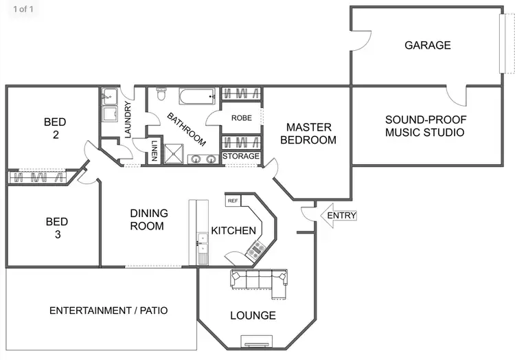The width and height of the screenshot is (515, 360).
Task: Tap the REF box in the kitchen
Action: [x=233, y=201]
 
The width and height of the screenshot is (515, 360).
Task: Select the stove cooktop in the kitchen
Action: [x=257, y=249]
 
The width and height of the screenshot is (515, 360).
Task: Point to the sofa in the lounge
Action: [x=259, y=280]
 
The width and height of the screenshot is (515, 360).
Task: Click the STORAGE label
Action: [x=241, y=157]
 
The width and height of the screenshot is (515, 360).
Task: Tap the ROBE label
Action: [x=241, y=118]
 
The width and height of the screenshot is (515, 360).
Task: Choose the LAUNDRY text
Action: [x=128, y=118]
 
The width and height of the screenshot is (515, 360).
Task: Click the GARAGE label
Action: [x=427, y=45]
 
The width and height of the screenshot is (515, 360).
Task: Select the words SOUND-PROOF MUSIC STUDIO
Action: [x=424, y=126]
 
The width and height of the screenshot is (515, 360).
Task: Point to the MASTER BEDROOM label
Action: [x=309, y=133]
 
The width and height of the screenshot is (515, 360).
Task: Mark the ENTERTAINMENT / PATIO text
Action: [x=108, y=311]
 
